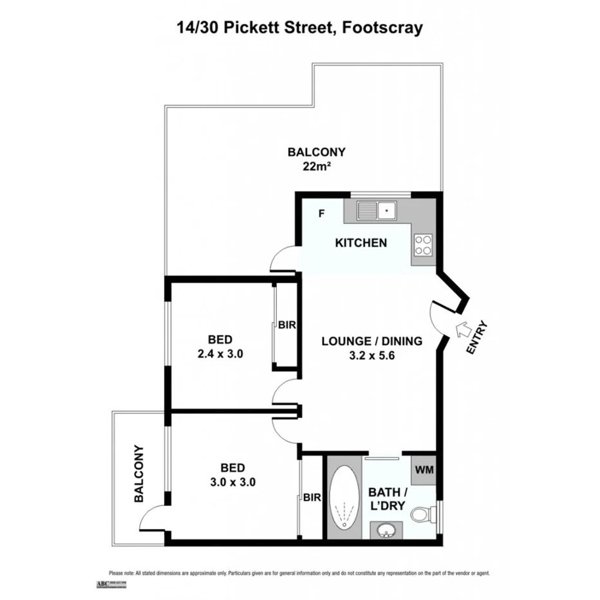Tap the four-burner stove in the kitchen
click(423, 245)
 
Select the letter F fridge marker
click(321, 213)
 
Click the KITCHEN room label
click(361, 243)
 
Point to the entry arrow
click(463, 330)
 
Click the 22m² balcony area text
click(316, 167)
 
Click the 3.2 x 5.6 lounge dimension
click(371, 355)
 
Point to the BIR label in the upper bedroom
click(286, 326)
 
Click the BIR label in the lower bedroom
click(312, 497)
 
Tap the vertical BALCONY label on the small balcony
click(138, 474)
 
